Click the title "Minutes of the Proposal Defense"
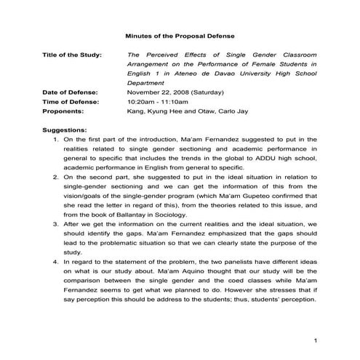point(180,35)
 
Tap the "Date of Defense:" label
point(72,92)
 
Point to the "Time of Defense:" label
point(72,102)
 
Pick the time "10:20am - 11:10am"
point(157,102)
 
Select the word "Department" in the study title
point(148,83)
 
